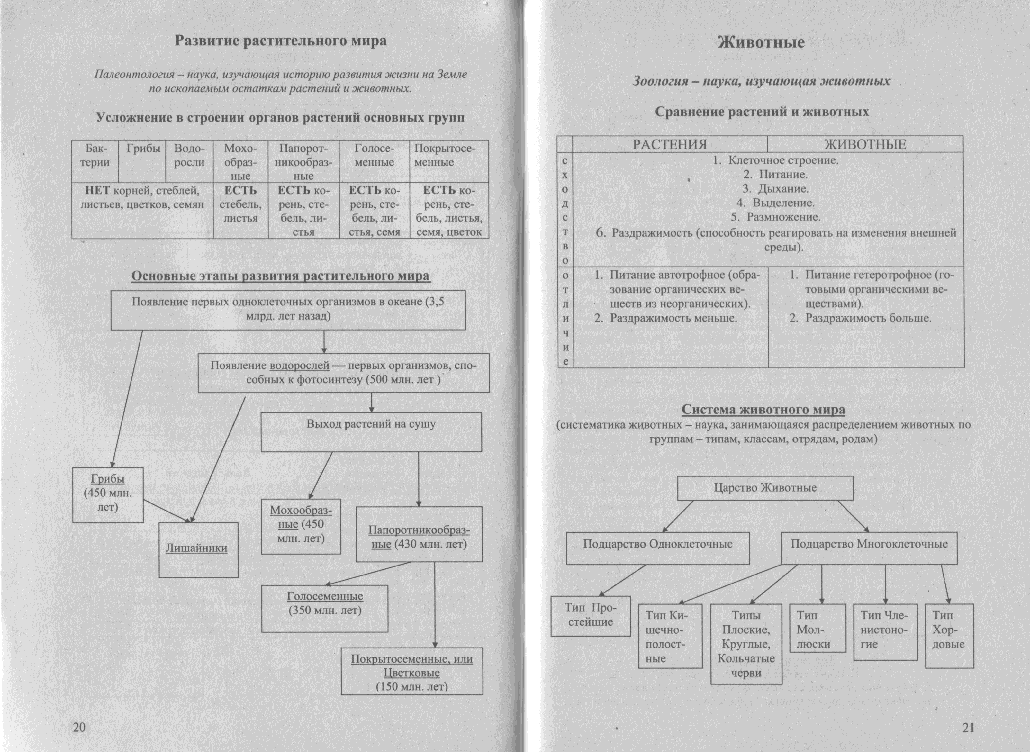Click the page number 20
[79, 727]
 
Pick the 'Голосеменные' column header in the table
[374, 156]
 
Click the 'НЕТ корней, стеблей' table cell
[142, 197]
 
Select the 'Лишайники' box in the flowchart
[198, 549]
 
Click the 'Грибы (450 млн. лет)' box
[108, 494]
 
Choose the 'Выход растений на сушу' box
[371, 431]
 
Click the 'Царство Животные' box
[765, 488]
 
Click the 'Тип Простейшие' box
[590, 615]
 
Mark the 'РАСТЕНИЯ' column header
[670, 144]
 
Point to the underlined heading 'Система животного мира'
[763, 410]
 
